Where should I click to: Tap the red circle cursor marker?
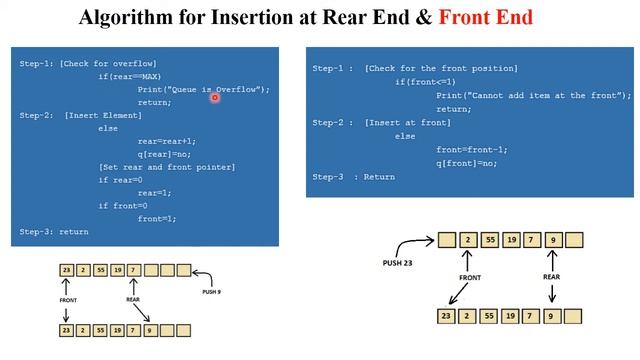pos(215,98)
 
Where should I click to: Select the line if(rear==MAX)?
pos(130,77)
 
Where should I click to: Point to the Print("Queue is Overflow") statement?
pos(204,89)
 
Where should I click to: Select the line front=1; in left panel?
pos(157,218)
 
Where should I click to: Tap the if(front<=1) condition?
pos(429,82)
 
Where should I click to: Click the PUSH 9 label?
pos(211,292)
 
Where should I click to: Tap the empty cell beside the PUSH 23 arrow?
pos(447,240)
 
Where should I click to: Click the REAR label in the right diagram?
pos(551,277)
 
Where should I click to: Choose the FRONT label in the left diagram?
pos(67,299)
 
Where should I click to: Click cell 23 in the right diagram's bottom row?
pos(447,316)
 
